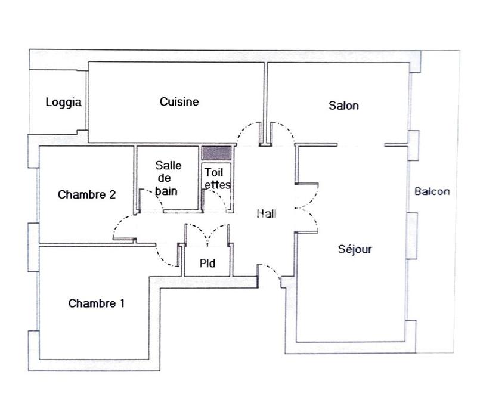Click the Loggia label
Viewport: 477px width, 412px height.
click(63, 103)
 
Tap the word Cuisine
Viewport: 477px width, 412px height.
click(179, 102)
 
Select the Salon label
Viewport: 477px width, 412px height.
click(344, 106)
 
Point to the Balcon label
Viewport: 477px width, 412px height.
click(432, 192)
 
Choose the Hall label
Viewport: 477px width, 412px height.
click(267, 213)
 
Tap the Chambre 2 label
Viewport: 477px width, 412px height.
click(86, 194)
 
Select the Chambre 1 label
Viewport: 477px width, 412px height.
click(97, 303)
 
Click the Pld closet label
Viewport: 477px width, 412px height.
click(207, 263)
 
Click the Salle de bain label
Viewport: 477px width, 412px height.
click(168, 178)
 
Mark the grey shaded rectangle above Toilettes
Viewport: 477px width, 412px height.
click(216, 153)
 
